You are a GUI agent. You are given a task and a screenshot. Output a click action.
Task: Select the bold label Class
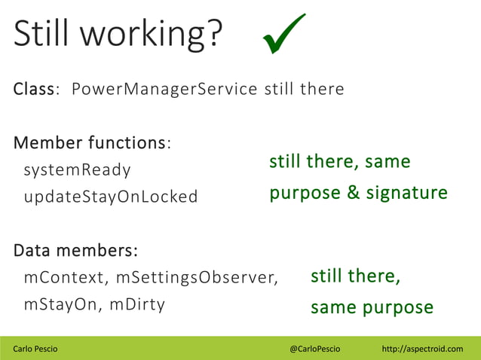(34, 89)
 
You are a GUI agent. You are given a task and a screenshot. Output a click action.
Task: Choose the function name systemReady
(77, 169)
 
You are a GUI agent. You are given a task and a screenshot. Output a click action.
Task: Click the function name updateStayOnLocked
(110, 197)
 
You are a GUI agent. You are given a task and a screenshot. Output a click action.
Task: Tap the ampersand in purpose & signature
(354, 193)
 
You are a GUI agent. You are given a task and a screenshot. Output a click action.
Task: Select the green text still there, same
(340, 162)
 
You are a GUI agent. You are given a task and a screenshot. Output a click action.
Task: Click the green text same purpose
(372, 307)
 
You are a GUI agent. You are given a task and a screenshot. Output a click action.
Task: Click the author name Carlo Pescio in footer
(35, 349)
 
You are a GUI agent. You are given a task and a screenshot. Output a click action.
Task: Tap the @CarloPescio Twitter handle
(314, 349)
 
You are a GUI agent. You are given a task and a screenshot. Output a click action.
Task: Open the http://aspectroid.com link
(422, 349)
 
